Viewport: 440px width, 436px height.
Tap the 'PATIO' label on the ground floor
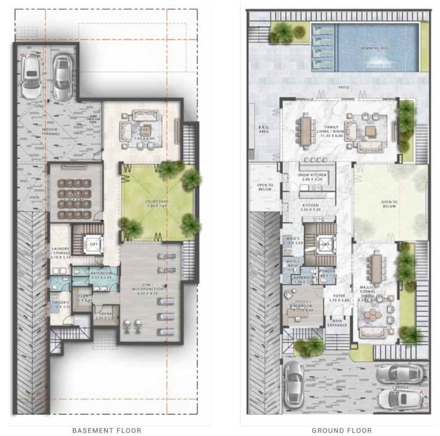click(343, 88)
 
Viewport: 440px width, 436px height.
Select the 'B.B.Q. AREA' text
click(264, 129)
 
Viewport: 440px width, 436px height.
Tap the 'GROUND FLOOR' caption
click(341, 430)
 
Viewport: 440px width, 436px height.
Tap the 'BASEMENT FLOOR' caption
click(107, 430)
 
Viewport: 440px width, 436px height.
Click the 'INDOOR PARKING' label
click(53, 132)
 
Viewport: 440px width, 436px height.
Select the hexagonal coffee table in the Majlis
click(374, 315)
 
